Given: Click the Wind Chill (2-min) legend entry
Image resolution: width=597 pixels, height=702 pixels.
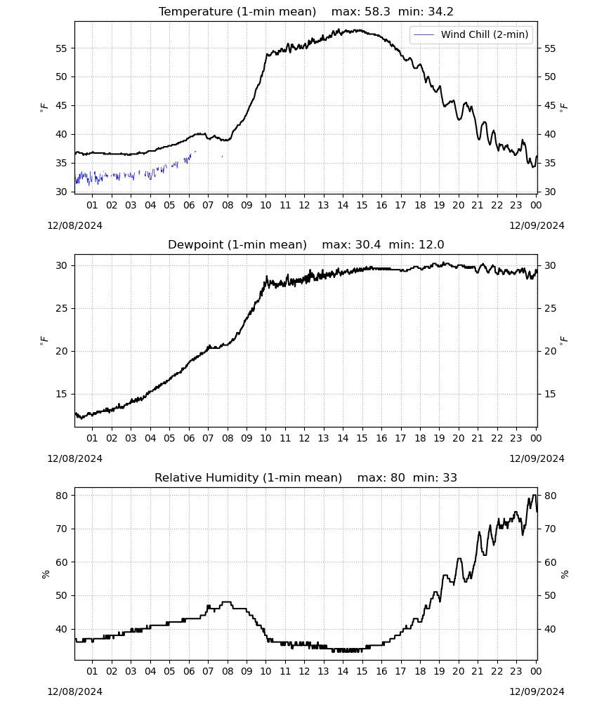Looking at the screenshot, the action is pos(471,34).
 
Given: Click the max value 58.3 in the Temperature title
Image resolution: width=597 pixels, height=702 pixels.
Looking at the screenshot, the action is pos(378,12).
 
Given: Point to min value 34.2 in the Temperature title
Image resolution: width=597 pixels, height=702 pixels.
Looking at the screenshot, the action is pos(440,12).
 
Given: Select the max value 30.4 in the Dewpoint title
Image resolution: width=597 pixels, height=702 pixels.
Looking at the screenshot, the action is pos(368,245).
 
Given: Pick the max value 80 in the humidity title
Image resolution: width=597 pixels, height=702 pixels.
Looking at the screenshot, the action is pos(398,477).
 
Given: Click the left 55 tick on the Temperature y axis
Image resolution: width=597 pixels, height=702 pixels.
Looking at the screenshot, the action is pos(61,48).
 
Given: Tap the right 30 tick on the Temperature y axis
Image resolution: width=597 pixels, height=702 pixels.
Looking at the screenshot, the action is pos(550,192).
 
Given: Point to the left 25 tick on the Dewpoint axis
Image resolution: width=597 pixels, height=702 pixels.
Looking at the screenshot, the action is pos(61,308).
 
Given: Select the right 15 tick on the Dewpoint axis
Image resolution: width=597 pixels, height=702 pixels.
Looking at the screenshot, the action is pos(550,394).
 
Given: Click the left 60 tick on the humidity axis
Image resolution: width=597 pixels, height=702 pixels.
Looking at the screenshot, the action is pos(61,562).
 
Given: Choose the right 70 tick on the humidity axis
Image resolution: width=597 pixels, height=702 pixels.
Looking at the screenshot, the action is pos(550,529).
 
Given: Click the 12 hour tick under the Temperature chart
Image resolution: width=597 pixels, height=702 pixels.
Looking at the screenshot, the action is pos(305,205).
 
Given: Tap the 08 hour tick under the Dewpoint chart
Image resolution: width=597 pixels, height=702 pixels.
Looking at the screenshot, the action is pos(228,438).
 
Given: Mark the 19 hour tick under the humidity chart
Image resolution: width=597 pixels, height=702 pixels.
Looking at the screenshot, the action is pos(440,671).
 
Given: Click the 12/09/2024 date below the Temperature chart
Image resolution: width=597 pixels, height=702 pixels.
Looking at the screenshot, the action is pos(537,225).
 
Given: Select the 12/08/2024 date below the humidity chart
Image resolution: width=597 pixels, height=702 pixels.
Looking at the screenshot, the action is pos(74,691).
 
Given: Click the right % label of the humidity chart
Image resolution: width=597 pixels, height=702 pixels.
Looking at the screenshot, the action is pos(565,574).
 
